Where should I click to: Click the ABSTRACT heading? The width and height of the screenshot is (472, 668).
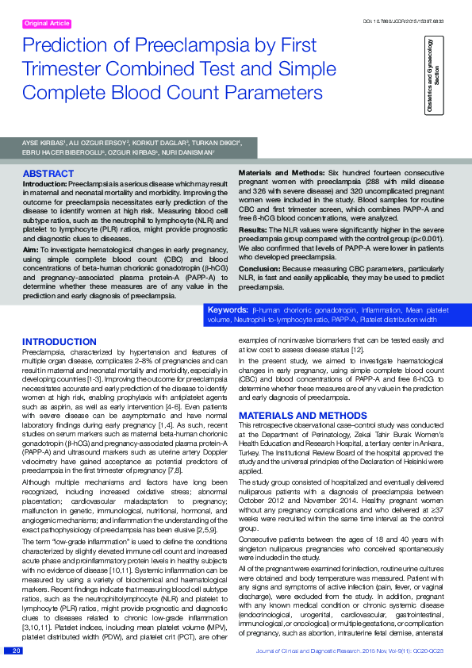48,173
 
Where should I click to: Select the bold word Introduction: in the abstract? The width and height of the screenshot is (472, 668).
44,184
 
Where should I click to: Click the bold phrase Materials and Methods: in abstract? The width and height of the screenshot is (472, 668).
282,172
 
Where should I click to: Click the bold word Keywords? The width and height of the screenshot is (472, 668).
227,309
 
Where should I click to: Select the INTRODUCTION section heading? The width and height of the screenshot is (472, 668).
59,342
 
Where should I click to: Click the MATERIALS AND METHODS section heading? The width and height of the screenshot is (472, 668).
292,416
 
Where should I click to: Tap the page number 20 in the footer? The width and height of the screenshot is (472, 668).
16,651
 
